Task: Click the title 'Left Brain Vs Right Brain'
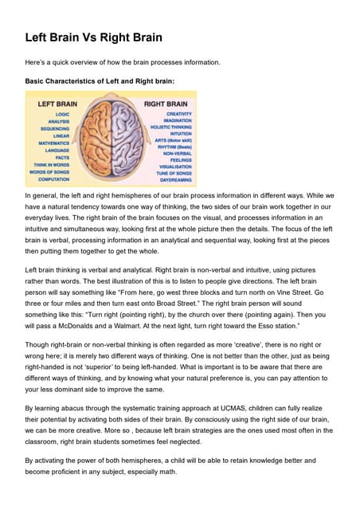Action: tap(94, 37)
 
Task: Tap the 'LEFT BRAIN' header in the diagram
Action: tap(54, 104)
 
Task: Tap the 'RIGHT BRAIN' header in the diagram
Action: tap(165, 104)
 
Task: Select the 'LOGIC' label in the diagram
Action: tap(62, 114)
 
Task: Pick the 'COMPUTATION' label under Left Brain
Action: tap(53, 178)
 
